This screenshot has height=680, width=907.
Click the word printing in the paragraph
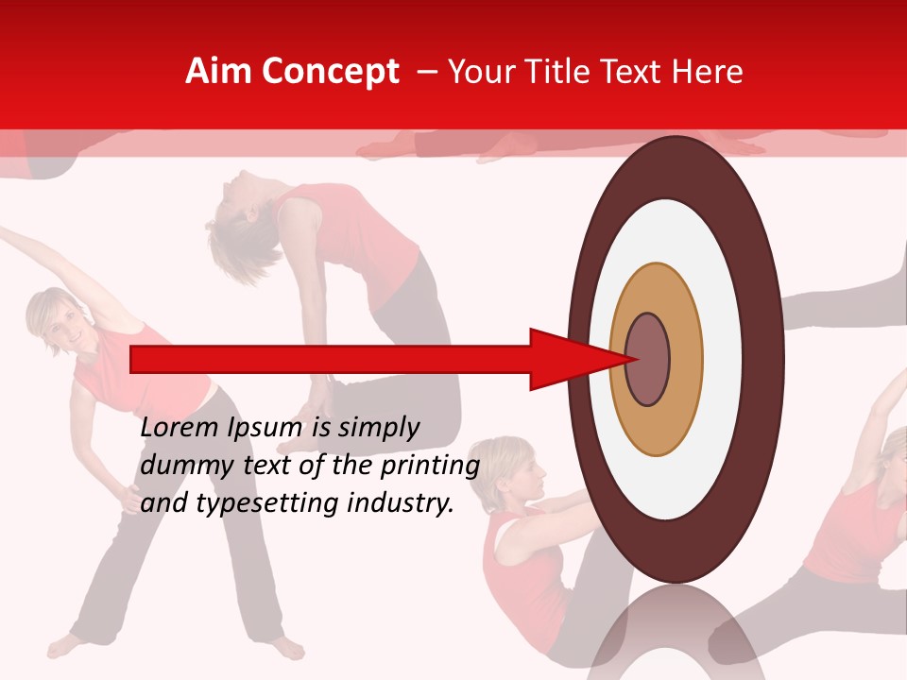[431, 466]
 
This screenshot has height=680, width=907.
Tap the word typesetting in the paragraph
[267, 503]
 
